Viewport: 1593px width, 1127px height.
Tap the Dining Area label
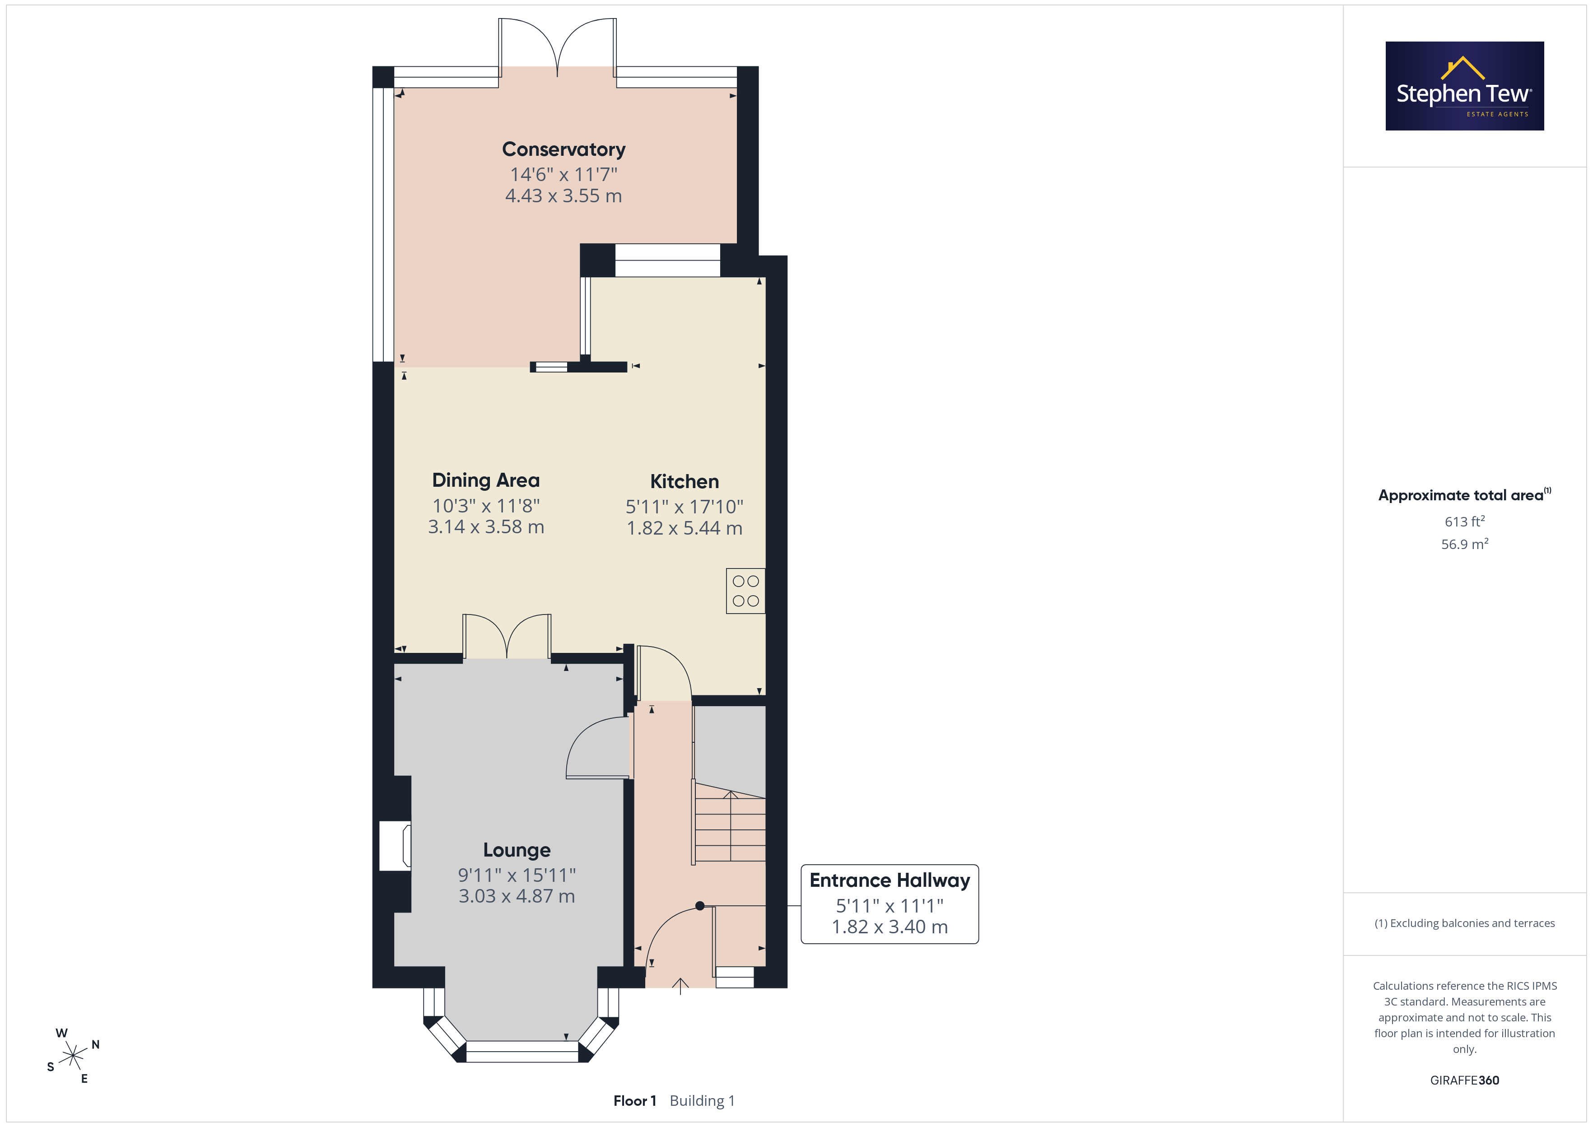[x=486, y=480]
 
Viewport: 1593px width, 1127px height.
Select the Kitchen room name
[x=684, y=482]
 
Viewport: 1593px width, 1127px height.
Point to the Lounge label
[x=517, y=850]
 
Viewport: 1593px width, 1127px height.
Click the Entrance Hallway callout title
[x=890, y=880]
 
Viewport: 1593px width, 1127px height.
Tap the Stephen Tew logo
[x=1465, y=86]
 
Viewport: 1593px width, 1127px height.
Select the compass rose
[x=73, y=1056]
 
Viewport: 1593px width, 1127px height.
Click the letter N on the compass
[x=96, y=1044]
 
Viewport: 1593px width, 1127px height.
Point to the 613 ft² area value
[x=1465, y=521]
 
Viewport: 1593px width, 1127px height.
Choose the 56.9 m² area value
[x=1465, y=544]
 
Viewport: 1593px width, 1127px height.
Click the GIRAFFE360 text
[x=1465, y=1080]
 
